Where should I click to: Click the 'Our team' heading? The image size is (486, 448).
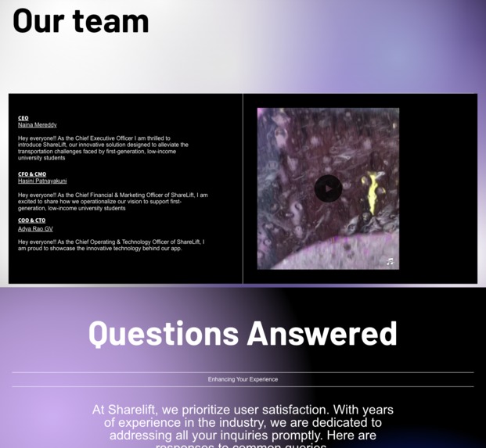pos(81,20)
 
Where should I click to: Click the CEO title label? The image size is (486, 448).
pos(23,118)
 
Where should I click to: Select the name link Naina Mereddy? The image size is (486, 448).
pos(38,125)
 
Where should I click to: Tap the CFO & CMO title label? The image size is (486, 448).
pos(32,174)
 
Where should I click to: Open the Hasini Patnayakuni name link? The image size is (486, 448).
pos(42,181)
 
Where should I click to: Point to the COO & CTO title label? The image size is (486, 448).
pos(32,220)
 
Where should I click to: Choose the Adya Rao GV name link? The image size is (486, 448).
pos(35,229)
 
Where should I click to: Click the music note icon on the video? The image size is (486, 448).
pos(390,261)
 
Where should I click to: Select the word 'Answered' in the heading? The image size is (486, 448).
pos(322,334)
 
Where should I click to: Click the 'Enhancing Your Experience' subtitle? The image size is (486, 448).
pos(243,379)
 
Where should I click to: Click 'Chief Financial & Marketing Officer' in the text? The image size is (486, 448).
pos(121,195)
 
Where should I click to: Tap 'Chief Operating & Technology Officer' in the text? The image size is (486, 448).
pos(121,242)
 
